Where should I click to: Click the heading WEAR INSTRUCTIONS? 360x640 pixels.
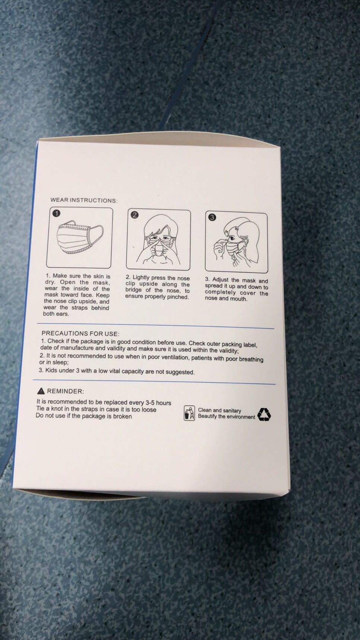point(84,201)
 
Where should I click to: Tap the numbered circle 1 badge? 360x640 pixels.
point(56,213)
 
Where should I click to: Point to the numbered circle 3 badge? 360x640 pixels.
point(212,217)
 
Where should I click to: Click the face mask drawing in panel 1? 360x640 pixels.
point(80,239)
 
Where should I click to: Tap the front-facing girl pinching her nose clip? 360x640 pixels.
point(158,240)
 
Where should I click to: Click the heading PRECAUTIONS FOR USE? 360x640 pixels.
point(80,334)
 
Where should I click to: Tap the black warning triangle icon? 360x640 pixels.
point(41,391)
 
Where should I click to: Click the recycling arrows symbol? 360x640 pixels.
point(264,414)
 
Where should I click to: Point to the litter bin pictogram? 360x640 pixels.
point(189,413)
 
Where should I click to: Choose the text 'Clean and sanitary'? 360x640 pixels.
point(220,410)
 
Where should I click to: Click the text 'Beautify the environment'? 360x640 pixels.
point(227,417)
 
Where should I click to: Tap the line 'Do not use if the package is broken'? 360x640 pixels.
point(84,416)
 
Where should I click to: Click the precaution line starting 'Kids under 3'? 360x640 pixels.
point(117,371)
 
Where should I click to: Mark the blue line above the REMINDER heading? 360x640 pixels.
point(154,382)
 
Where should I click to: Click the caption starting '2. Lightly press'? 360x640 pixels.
point(158,287)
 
